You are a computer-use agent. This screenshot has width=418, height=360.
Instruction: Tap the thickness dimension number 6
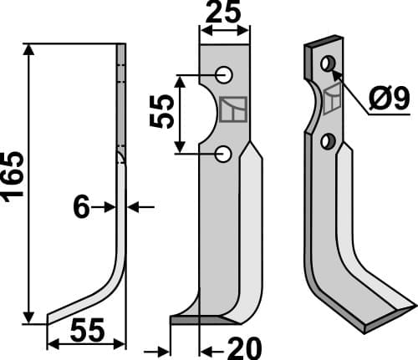pos(81,207)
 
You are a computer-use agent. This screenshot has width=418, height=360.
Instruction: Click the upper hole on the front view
pos(223,74)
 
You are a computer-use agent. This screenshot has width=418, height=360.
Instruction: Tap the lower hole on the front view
pos(223,153)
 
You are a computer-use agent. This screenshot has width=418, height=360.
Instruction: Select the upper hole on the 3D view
pos(329,63)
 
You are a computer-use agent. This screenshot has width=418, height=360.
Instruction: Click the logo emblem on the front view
pos(232,109)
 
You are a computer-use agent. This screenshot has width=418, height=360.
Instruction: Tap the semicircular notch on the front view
pos(203,113)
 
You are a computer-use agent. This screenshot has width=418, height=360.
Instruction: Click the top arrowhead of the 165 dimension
pos(31,49)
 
